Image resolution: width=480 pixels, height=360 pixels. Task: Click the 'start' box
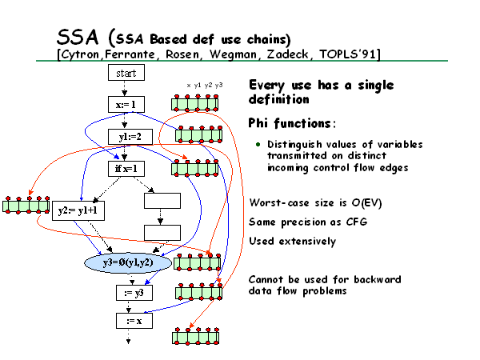[126, 73]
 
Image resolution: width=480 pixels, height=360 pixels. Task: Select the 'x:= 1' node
[126, 105]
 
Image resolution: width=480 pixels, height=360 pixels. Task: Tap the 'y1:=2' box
[130, 137]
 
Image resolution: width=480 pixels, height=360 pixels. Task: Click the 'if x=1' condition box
[126, 169]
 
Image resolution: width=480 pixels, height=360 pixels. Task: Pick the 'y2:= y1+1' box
[78, 210]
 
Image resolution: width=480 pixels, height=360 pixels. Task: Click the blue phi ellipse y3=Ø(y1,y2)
[128, 262]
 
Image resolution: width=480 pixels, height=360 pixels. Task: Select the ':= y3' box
[134, 293]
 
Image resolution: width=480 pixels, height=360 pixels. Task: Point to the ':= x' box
[134, 321]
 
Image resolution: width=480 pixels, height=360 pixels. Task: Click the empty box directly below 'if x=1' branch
[162, 201]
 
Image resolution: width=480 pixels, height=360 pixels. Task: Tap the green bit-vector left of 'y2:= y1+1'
[26, 205]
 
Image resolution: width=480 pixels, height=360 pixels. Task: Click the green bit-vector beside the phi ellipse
[197, 262]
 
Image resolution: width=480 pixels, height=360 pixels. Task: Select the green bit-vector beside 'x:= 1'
[194, 103]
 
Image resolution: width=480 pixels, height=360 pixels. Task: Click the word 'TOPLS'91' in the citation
[347, 54]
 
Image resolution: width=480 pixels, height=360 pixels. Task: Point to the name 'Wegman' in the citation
[233, 54]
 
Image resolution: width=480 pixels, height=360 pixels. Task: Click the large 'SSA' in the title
[78, 37]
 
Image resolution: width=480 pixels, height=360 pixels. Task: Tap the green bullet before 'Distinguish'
[258, 144]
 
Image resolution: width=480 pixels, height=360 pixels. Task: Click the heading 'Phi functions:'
[292, 123]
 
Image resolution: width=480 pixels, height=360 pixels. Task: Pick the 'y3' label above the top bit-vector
[218, 85]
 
